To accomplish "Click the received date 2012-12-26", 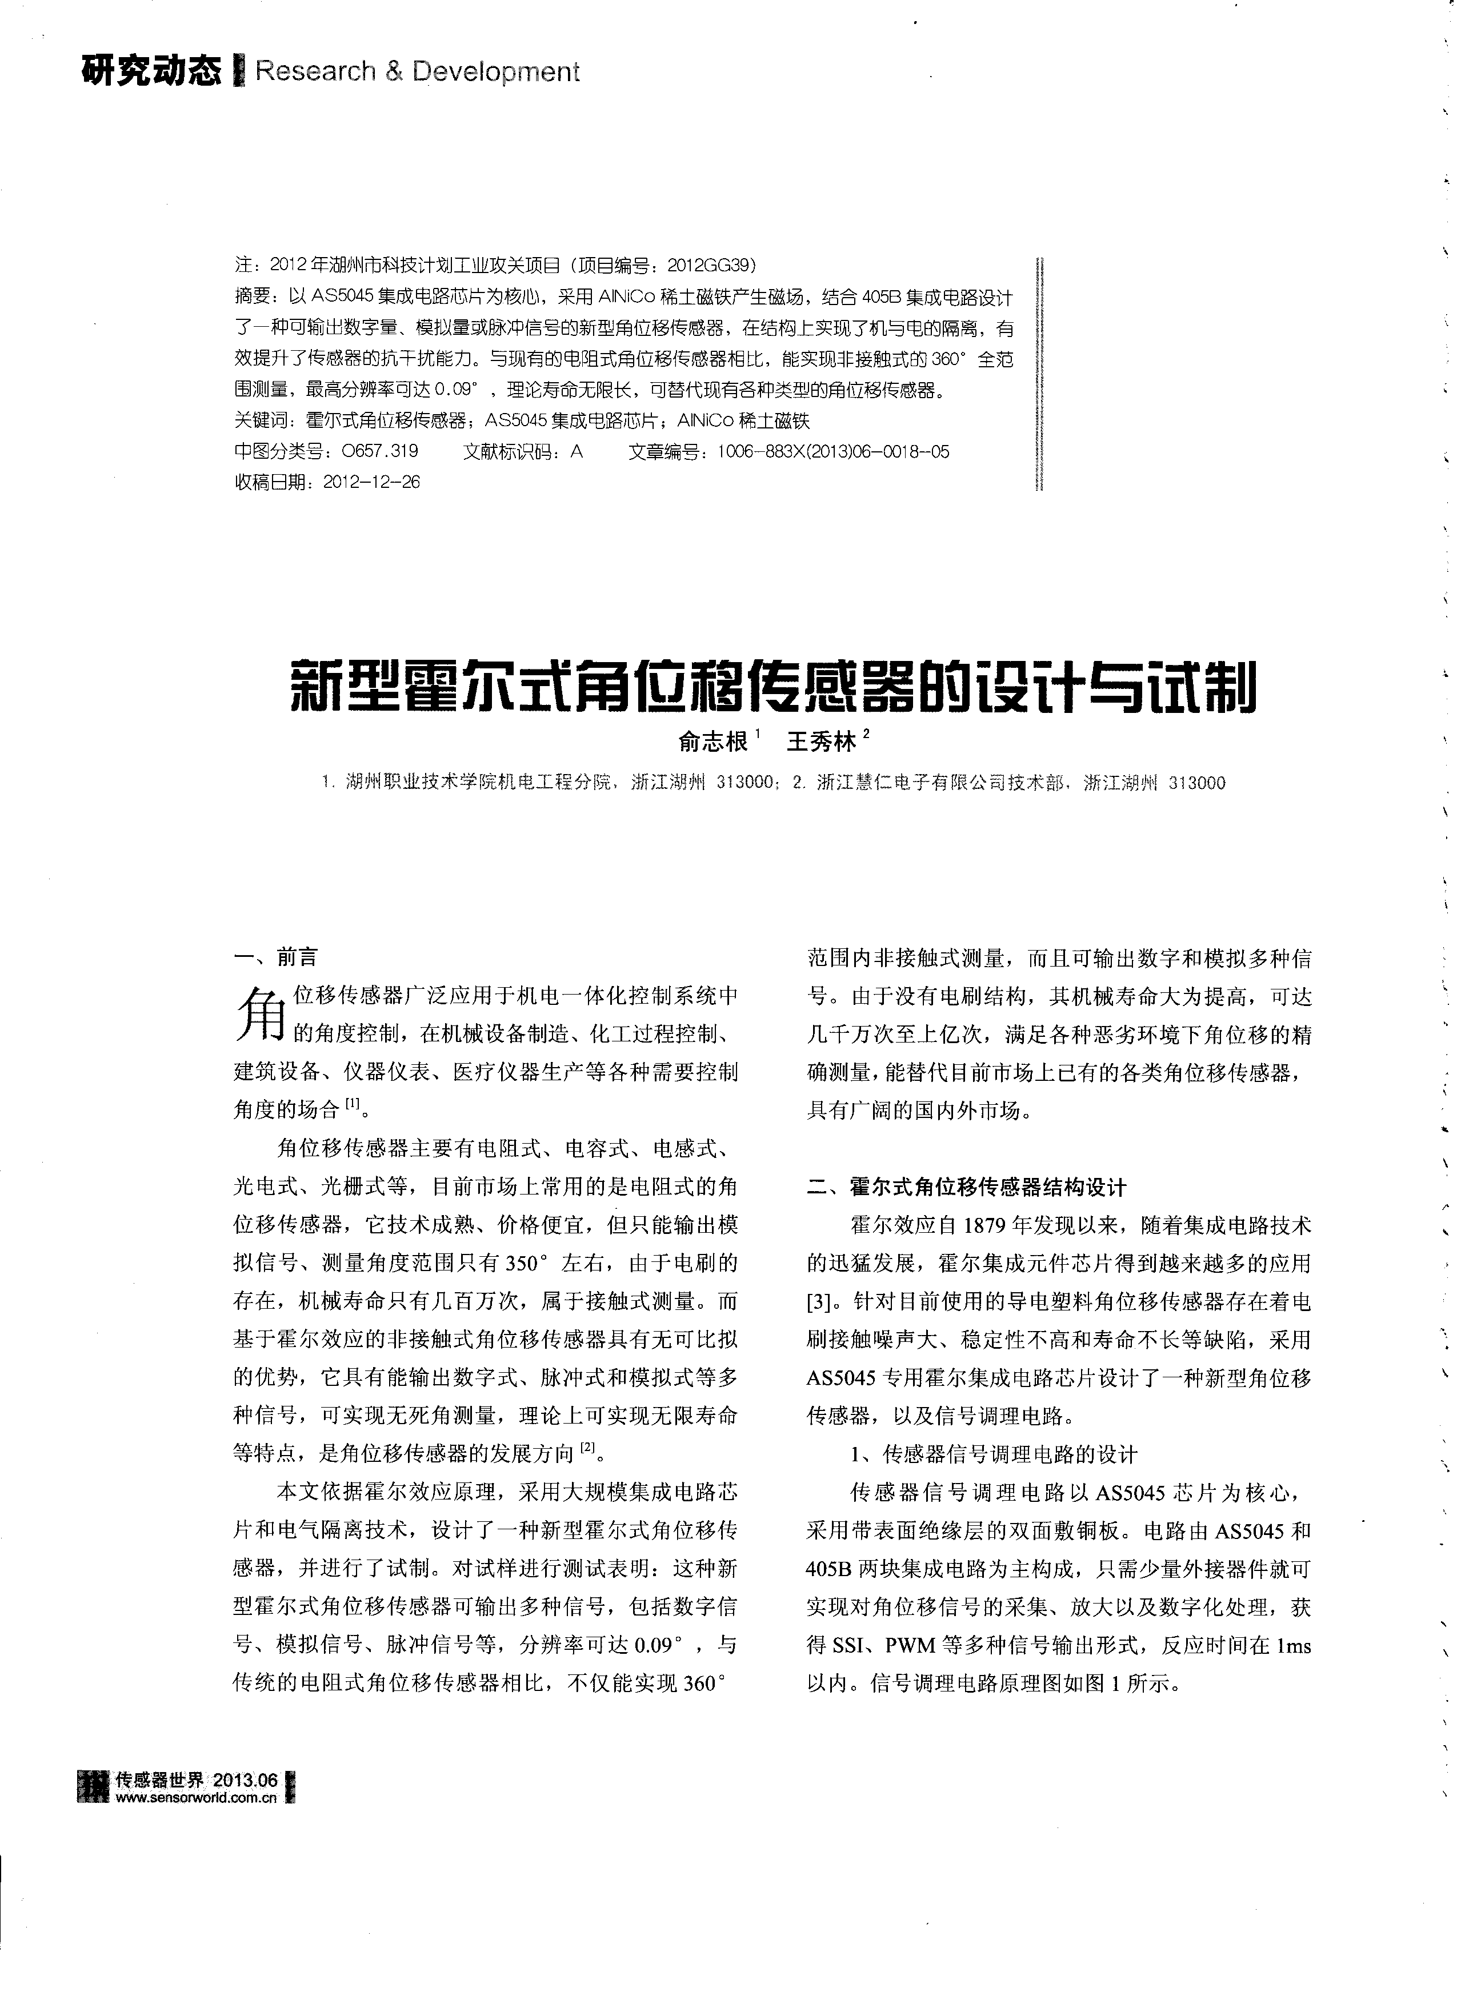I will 372,482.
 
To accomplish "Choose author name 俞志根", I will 713,742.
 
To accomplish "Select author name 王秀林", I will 820,742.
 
